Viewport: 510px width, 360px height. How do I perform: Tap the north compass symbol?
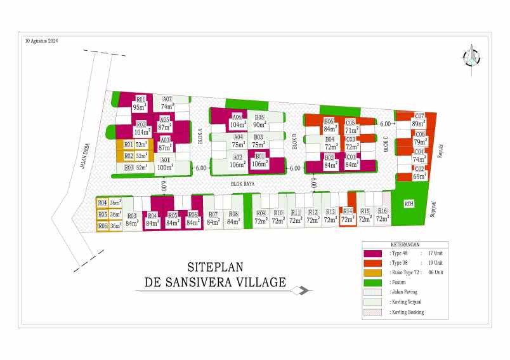tap(471, 57)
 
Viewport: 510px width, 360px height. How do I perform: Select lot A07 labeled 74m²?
tap(167, 103)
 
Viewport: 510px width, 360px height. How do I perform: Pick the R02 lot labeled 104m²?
tap(141, 128)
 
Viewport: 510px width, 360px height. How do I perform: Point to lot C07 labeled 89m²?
tap(419, 120)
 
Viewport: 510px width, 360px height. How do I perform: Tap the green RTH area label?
tap(409, 204)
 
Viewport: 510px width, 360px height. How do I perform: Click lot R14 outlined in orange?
tap(347, 216)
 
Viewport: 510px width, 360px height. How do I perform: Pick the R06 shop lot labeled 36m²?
tap(108, 225)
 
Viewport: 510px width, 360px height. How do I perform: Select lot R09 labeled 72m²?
tap(261, 218)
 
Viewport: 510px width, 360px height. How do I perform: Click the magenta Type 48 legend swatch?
tap(376, 253)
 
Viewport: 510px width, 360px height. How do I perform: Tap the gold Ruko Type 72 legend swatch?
tap(376, 273)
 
